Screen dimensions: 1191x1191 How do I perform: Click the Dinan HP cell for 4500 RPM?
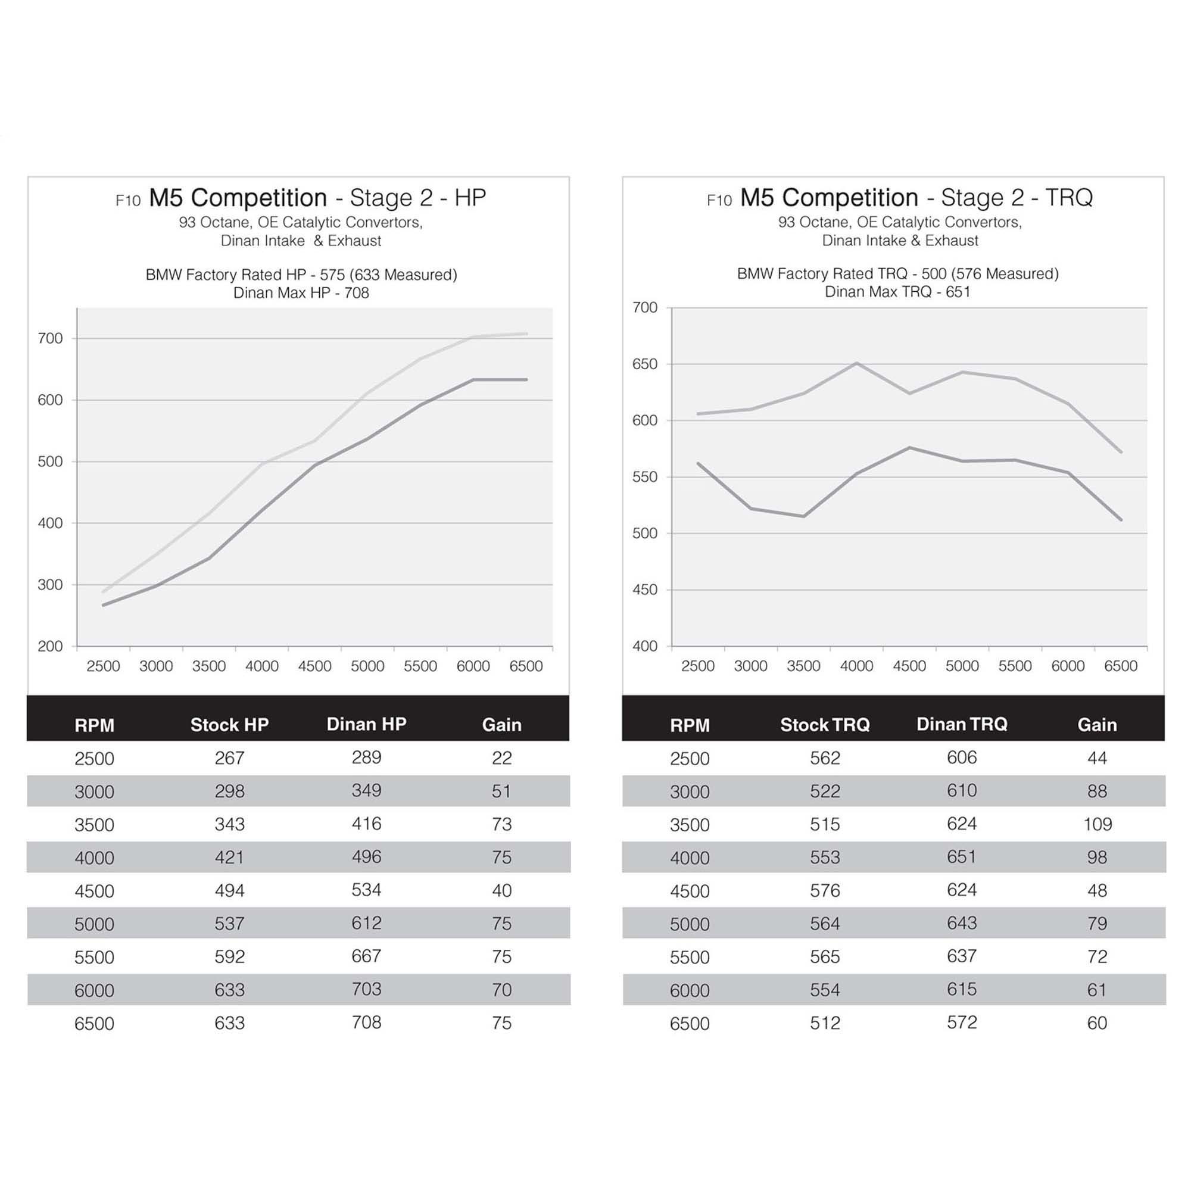366,890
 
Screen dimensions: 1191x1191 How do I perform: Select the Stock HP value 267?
229,757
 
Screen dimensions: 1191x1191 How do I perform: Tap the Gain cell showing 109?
1098,824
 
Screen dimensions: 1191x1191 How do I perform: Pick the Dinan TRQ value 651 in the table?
962,857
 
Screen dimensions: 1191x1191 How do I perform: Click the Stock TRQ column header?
825,724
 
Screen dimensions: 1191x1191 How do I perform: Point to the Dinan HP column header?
366,724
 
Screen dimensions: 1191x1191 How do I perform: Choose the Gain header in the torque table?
1098,724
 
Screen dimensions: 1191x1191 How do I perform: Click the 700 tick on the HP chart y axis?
50,338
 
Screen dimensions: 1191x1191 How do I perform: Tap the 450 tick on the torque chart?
645,590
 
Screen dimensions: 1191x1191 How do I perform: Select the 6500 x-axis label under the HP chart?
526,666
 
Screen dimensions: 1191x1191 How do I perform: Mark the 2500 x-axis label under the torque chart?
698,666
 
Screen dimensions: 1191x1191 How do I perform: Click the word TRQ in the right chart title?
1069,198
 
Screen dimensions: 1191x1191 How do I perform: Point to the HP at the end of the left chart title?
470,198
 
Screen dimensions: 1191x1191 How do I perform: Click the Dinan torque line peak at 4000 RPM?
857,363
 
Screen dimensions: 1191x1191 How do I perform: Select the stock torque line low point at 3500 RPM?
804,516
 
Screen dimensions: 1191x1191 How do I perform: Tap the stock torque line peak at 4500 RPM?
910,448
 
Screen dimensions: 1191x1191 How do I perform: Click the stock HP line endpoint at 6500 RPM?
526,380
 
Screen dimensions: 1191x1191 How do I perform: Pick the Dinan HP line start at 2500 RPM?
104,592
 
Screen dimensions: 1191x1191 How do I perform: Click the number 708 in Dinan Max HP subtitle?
356,293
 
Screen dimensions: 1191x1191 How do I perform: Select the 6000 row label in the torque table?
689,990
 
